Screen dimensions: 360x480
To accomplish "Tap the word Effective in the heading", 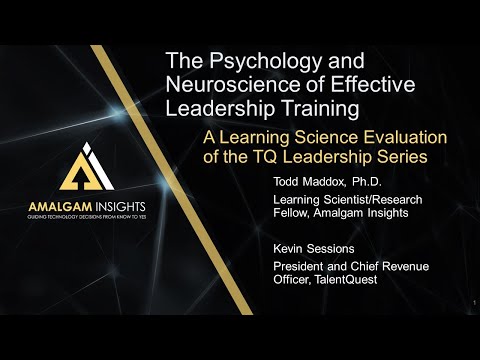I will tap(346, 84).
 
